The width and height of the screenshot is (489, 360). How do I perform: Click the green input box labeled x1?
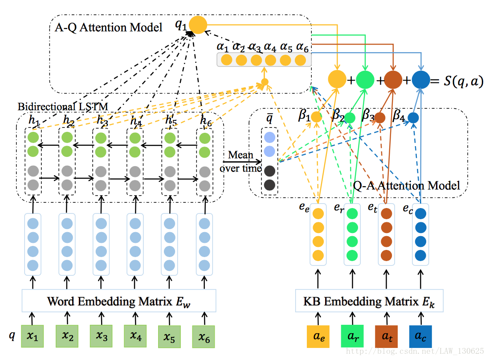tap(33, 336)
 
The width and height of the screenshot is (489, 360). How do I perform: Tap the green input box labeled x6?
tap(204, 337)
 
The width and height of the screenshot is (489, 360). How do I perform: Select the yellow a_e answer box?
tap(318, 336)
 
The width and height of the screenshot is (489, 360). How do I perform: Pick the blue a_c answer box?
tap(420, 336)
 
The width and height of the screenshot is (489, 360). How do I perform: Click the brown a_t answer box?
tap(386, 336)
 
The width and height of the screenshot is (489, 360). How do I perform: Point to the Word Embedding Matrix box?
tap(119, 301)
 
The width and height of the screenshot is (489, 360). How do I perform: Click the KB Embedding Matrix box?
tap(369, 301)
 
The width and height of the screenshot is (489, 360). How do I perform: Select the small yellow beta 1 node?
tap(316, 117)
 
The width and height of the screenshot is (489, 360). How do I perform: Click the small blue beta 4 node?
tap(413, 118)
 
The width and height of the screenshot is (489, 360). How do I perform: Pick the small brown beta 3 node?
tap(379, 118)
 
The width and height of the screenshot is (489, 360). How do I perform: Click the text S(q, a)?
tap(463, 82)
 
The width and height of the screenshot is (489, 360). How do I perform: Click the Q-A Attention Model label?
tap(406, 184)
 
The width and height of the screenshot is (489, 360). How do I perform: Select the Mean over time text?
tap(240, 161)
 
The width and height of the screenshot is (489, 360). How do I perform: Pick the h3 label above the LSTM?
tap(102, 120)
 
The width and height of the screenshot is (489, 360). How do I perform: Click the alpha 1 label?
tap(223, 46)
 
